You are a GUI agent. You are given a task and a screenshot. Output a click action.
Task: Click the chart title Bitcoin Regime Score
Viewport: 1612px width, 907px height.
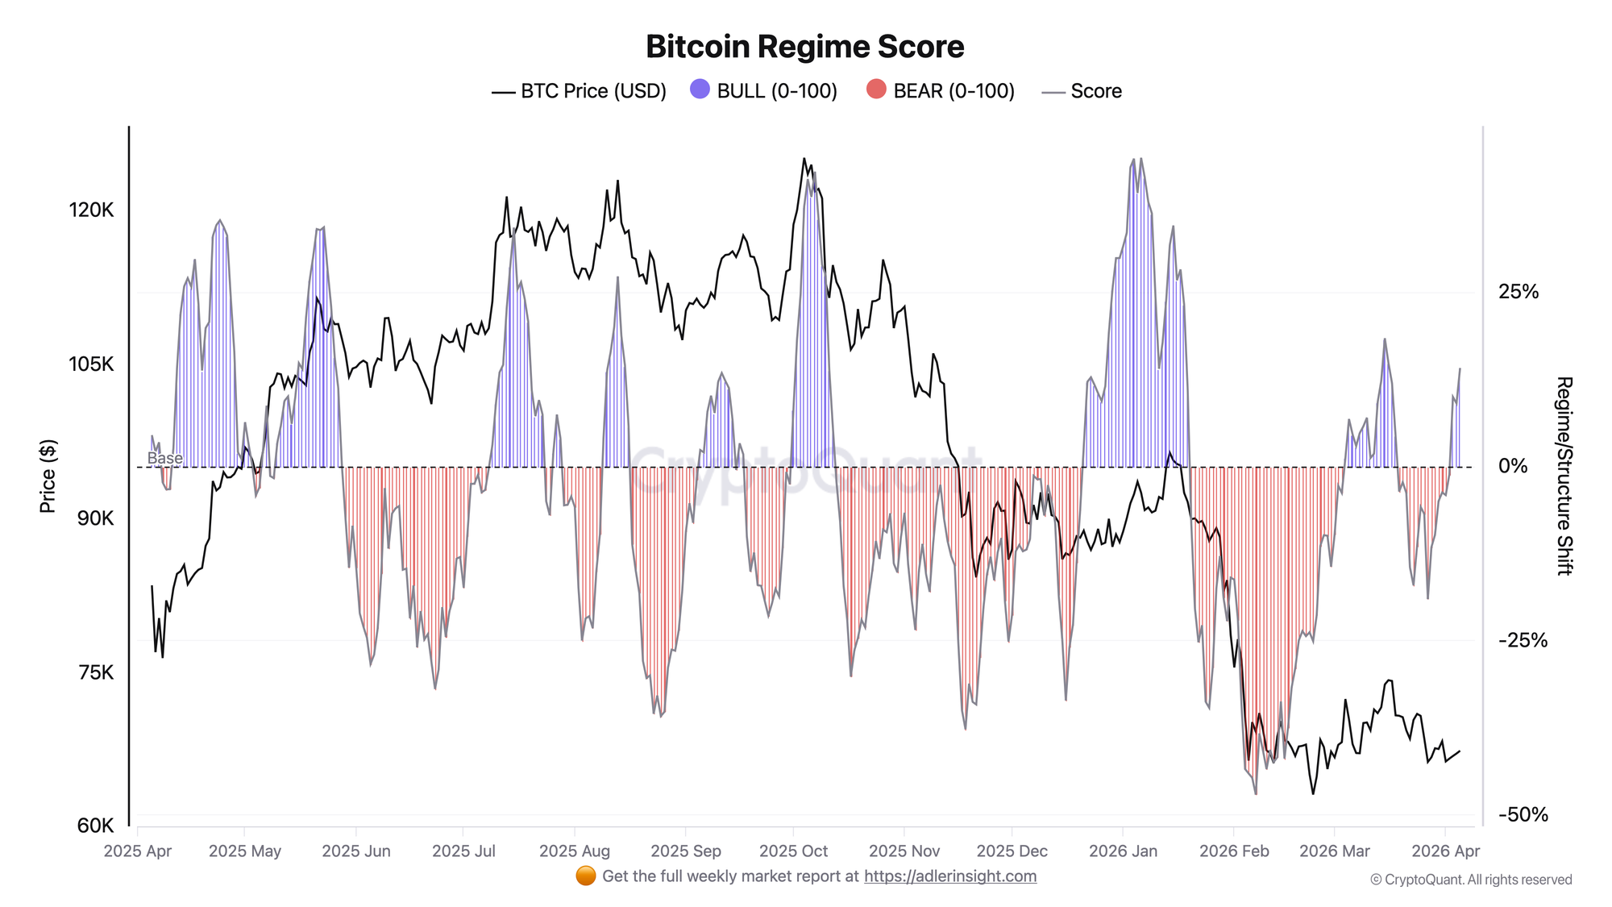(x=804, y=47)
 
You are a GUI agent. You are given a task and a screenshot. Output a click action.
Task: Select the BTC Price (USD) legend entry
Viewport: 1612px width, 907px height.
(x=580, y=91)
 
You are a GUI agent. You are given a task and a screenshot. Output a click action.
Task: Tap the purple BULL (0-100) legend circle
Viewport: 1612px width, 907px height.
(x=700, y=89)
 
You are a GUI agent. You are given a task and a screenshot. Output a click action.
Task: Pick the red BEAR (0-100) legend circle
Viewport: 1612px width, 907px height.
(x=876, y=89)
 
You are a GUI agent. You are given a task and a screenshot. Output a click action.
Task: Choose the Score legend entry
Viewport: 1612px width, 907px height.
(x=1082, y=91)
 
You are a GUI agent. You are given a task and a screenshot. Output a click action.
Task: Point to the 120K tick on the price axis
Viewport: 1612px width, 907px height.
(x=91, y=210)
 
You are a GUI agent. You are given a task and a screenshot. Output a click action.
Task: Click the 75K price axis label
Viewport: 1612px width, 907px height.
(x=96, y=672)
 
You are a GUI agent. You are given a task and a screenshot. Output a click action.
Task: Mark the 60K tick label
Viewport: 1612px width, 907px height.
(x=95, y=826)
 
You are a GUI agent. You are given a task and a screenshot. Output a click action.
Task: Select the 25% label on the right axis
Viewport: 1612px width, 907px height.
(x=1518, y=292)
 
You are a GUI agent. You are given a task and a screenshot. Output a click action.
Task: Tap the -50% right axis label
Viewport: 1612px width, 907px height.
(x=1523, y=814)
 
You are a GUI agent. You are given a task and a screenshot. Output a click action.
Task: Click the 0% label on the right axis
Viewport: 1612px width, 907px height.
(x=1512, y=466)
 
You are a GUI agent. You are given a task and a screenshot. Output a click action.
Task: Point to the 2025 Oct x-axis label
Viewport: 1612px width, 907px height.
(x=793, y=851)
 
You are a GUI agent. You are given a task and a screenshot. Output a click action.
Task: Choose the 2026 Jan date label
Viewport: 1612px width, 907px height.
(x=1123, y=851)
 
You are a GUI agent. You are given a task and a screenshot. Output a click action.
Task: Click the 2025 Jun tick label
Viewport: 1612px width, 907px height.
(x=355, y=851)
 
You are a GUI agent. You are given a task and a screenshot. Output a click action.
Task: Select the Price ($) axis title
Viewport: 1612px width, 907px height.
(x=48, y=476)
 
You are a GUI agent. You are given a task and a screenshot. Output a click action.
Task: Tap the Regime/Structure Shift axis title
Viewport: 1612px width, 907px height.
(x=1564, y=476)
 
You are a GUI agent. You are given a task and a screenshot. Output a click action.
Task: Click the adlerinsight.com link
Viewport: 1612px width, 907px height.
(x=950, y=876)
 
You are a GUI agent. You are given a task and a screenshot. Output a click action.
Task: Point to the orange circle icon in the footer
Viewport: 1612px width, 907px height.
(x=586, y=876)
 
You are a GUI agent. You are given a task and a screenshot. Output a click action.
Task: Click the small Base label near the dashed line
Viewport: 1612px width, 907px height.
(x=164, y=458)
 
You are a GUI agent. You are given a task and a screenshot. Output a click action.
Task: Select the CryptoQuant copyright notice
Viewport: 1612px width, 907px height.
(x=1471, y=880)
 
